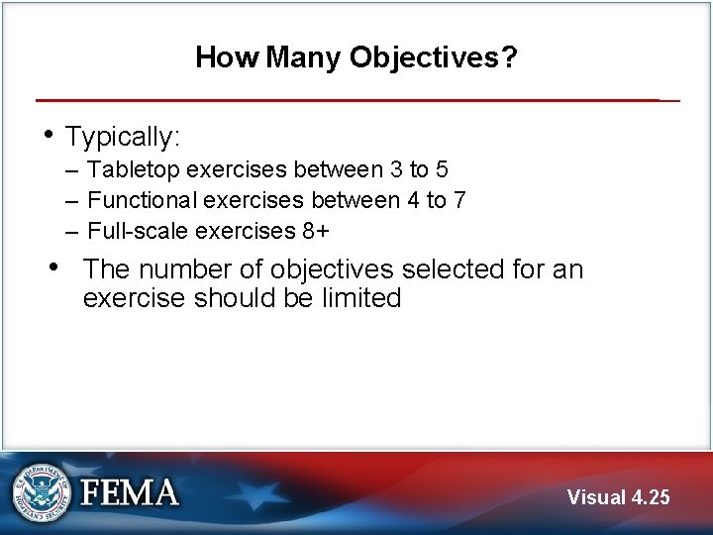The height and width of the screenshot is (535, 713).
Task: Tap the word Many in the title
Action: click(x=304, y=58)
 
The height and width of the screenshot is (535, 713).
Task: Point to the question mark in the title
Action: click(x=509, y=58)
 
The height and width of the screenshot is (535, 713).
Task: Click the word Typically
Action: click(x=120, y=137)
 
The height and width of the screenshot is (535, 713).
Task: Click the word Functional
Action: click(x=144, y=201)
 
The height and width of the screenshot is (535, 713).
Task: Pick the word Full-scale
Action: click(x=139, y=232)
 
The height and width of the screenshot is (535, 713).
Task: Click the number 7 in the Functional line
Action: click(x=459, y=201)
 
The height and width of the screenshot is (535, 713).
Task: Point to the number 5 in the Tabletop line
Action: click(x=442, y=170)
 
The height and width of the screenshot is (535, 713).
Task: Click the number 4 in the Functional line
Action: click(x=413, y=201)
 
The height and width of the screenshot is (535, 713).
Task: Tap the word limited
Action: click(x=361, y=298)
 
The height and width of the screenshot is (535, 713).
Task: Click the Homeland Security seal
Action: click(x=42, y=492)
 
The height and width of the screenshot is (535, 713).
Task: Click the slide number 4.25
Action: click(x=650, y=497)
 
